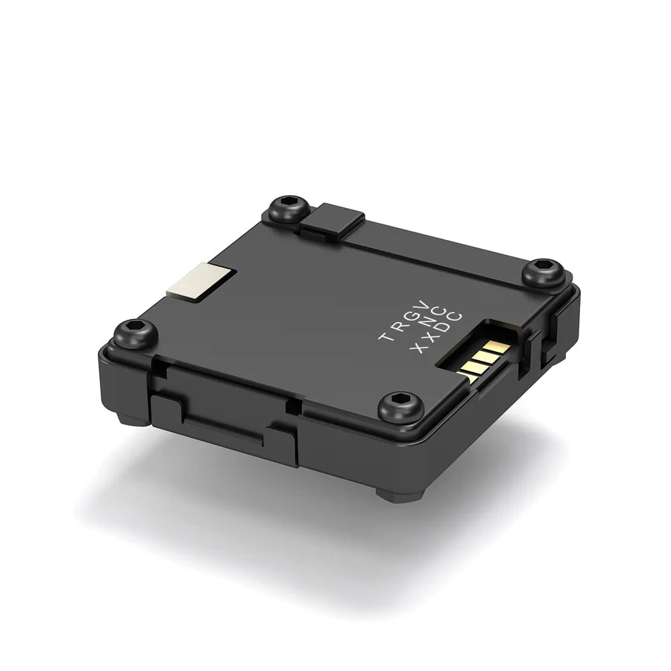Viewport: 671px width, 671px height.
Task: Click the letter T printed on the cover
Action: tap(385, 336)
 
